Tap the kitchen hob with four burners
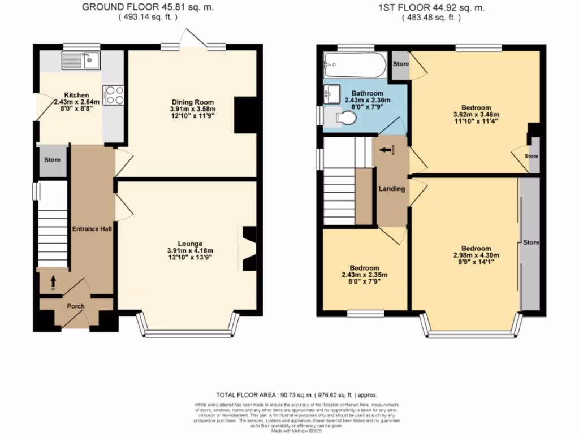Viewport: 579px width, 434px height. (114, 95)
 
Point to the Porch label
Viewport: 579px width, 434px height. (76, 306)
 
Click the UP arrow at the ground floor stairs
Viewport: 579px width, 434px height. (54, 281)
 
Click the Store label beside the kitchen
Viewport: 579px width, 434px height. (53, 160)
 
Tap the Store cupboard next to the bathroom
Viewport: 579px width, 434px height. (400, 64)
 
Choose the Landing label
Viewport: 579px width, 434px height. (392, 189)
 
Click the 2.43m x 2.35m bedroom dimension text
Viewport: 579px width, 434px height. (364, 275)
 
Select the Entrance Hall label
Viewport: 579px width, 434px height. (92, 229)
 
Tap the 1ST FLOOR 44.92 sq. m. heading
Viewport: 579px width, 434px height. (431, 7)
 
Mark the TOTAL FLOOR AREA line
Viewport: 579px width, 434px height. (297, 395)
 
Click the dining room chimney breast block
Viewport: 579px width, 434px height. (245, 115)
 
